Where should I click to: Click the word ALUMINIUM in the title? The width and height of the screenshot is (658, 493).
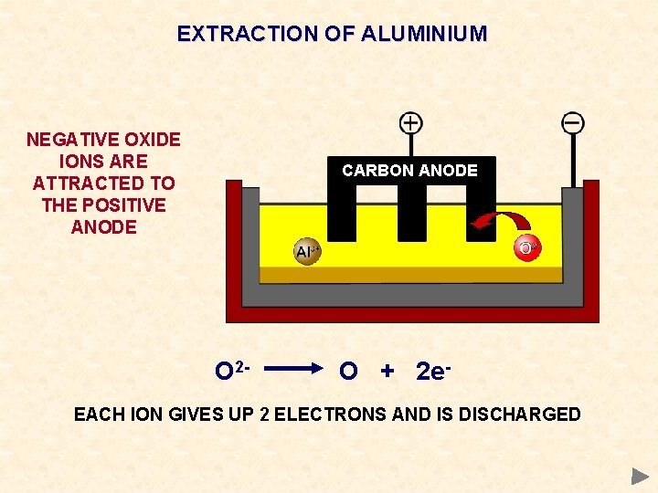click(424, 35)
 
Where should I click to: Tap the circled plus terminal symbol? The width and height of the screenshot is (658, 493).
click(411, 122)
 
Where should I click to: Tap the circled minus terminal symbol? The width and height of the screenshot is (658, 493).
click(573, 122)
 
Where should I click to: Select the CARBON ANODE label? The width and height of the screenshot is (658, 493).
click(409, 171)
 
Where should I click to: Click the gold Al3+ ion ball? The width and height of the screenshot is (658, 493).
click(306, 252)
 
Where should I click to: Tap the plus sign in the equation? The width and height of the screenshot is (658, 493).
click(387, 372)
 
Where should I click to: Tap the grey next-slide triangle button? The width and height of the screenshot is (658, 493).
click(640, 476)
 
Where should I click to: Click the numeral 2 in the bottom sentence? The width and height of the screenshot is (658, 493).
click(264, 414)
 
